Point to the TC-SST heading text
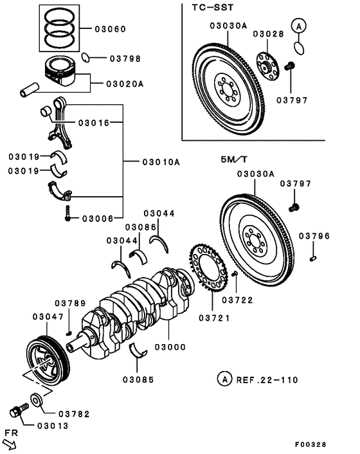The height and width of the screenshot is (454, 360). coord(212,7)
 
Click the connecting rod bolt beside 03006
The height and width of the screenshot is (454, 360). coord(67,214)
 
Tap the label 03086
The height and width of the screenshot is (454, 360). coord(141,227)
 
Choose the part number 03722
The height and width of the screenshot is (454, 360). coord(238,300)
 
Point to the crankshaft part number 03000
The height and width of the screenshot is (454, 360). coord(170,347)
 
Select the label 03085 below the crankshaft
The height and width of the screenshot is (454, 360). coord(138,379)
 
